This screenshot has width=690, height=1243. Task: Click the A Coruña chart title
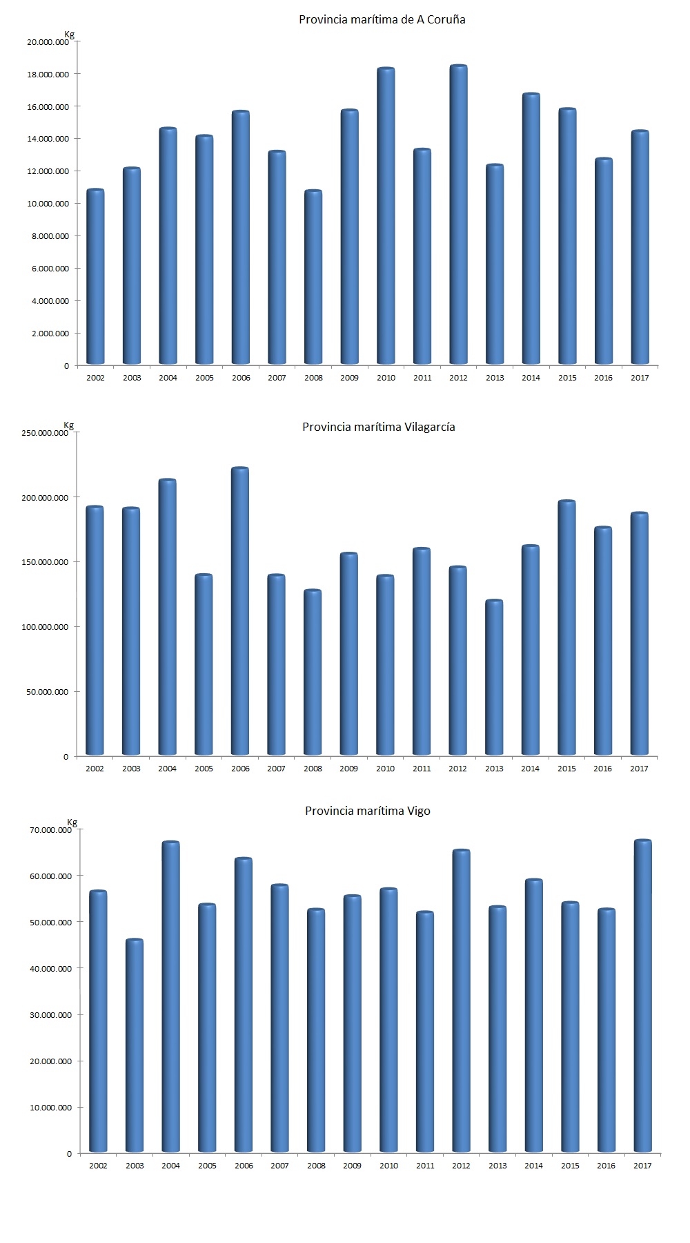point(382,19)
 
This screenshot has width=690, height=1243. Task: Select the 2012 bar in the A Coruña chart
point(458,214)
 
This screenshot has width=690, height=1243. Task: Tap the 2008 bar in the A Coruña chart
point(313,276)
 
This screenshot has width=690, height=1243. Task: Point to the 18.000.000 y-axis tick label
point(48,75)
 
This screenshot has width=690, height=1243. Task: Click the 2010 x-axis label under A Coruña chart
point(386,378)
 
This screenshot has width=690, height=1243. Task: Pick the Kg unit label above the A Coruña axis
point(69,34)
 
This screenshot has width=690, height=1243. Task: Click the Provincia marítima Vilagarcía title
point(378,427)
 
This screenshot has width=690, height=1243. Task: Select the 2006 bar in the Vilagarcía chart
point(239,611)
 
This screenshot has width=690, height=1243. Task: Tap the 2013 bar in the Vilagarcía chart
point(494,677)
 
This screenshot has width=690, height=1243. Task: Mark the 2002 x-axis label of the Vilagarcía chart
point(95,769)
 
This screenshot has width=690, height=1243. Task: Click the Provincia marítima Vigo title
point(367,811)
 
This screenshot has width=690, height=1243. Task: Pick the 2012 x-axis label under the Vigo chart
point(461,1166)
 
